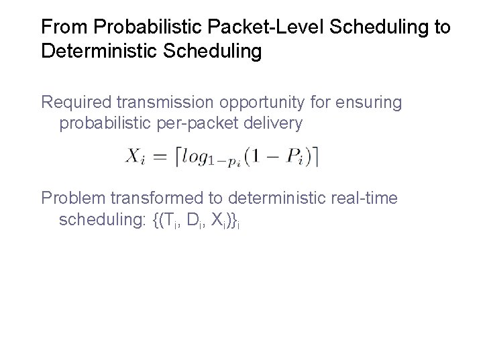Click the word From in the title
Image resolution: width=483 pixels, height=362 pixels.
pyautogui.click(x=65, y=27)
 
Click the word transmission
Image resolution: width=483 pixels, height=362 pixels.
pyautogui.click(x=164, y=103)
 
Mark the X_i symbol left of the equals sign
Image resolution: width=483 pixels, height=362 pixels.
pyautogui.click(x=135, y=157)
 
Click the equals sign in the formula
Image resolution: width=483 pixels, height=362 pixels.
pyautogui.click(x=160, y=157)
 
